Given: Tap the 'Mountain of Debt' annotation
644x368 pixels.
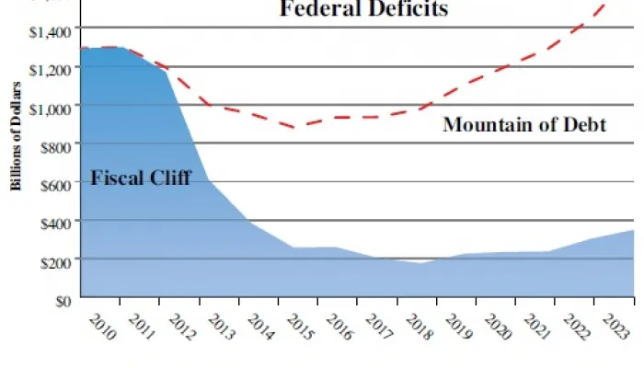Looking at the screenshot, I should coord(524,124).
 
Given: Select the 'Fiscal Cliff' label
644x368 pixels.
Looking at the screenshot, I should coord(140,178).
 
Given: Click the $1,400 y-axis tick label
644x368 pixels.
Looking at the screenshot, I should coord(49,31).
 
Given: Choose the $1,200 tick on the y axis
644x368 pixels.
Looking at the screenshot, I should coord(49,69).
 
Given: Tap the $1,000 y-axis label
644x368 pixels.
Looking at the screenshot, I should coord(49,108).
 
